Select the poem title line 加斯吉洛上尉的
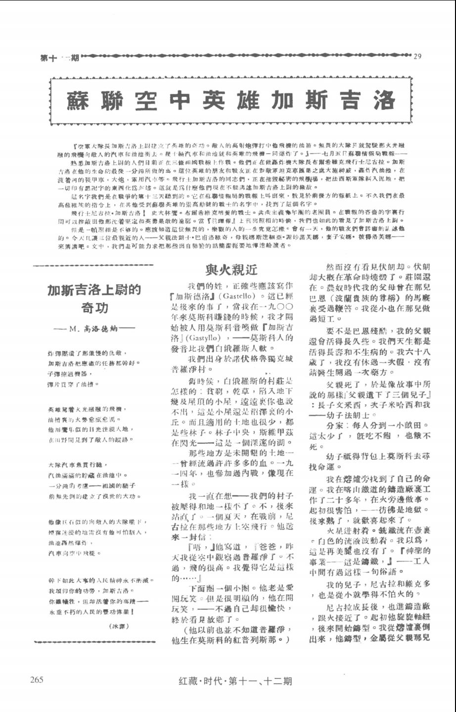94,290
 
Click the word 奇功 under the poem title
94,308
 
